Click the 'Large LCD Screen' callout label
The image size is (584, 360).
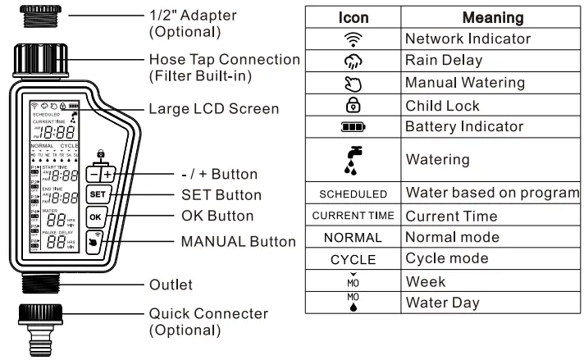[x=213, y=108]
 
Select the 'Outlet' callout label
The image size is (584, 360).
[x=171, y=285]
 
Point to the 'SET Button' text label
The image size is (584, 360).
[x=221, y=195]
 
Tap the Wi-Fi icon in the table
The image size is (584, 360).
[x=353, y=39]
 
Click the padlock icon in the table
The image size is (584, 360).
[x=353, y=105]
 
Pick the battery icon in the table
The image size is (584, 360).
[x=353, y=126]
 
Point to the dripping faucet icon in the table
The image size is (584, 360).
[x=353, y=160]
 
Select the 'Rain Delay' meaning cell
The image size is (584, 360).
[x=445, y=61]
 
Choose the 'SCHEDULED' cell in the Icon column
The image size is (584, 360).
[x=353, y=194]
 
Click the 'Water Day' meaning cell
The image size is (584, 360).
[x=443, y=302]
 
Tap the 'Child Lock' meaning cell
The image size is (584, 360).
[x=444, y=105]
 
